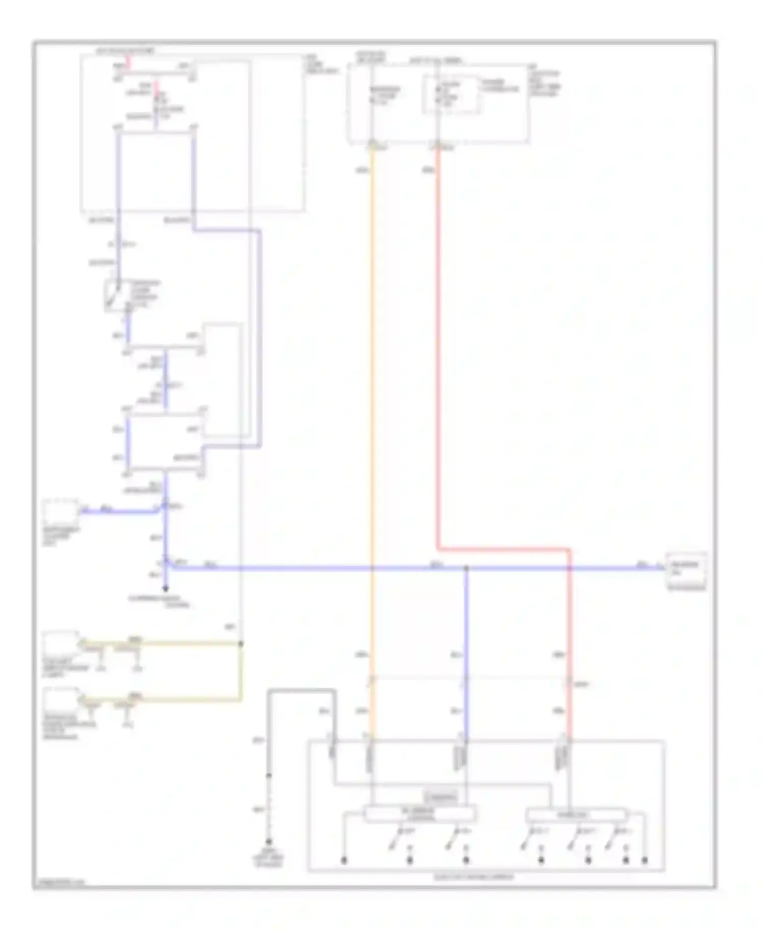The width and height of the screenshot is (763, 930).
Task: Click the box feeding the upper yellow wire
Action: (x=61, y=645)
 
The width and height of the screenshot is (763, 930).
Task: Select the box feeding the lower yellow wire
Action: (x=61, y=701)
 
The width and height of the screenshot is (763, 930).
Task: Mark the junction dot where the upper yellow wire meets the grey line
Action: (x=241, y=644)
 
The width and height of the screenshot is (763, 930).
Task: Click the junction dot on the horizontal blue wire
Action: (x=466, y=568)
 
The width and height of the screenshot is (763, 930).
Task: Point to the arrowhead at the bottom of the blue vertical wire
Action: (x=165, y=589)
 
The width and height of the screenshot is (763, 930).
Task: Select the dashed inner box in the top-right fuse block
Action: (x=451, y=95)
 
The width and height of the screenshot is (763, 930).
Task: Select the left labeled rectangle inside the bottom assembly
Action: (x=420, y=813)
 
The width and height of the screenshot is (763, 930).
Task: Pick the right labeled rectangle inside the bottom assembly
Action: (x=576, y=815)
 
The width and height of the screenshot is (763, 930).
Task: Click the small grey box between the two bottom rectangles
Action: (x=441, y=797)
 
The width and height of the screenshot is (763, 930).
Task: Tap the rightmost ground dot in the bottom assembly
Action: (x=644, y=860)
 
